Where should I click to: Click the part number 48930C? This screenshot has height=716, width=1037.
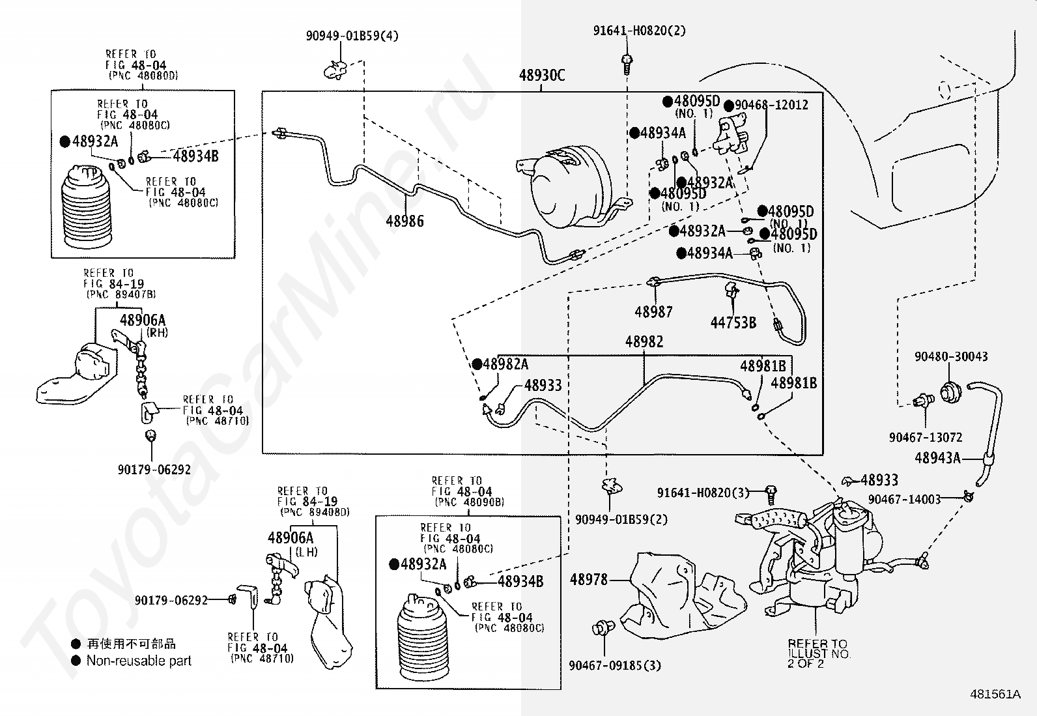click(x=542, y=76)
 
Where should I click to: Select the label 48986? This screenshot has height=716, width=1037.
click(x=405, y=222)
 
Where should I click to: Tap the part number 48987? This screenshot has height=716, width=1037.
click(x=653, y=312)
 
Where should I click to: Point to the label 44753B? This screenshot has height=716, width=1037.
click(x=733, y=322)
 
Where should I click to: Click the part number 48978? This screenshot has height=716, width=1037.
click(x=588, y=579)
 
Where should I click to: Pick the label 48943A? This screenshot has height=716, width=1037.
click(x=937, y=458)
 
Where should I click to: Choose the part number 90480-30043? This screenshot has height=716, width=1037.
click(x=951, y=356)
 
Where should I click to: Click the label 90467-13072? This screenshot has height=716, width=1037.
click(x=926, y=437)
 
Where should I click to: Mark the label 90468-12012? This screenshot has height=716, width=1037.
click(x=771, y=105)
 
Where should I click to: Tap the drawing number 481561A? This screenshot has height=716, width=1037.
click(x=995, y=695)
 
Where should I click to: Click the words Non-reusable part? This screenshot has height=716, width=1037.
click(x=139, y=661)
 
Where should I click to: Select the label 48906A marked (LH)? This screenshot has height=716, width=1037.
click(x=291, y=537)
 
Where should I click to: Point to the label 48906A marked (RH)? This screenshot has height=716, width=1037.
click(x=143, y=320)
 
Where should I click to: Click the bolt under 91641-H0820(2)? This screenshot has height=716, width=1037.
click(x=627, y=64)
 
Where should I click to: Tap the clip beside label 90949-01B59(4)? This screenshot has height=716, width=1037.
click(x=335, y=70)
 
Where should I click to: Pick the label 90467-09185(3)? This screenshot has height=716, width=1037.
click(x=615, y=666)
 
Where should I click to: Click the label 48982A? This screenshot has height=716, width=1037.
click(x=505, y=364)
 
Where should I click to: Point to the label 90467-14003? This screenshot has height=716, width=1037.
click(x=904, y=499)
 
